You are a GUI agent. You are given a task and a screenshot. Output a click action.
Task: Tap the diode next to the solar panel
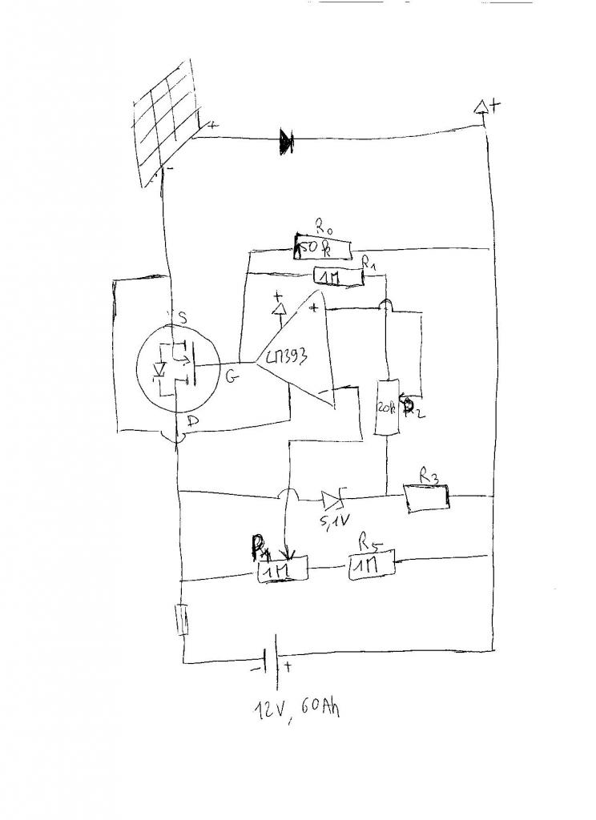coord(286,142)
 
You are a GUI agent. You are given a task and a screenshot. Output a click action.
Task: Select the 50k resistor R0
coord(323,249)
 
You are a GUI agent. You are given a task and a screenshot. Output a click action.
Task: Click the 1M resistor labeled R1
coord(337,276)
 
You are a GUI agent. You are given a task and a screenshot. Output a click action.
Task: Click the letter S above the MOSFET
coord(182,319)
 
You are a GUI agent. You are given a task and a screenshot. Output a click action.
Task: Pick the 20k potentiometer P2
coord(386,408)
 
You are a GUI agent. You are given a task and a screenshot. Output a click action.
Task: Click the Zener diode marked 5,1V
coord(332,500)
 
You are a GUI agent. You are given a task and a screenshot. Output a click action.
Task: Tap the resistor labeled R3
coord(426,498)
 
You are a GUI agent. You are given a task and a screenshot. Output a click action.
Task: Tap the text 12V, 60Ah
coord(292,707)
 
